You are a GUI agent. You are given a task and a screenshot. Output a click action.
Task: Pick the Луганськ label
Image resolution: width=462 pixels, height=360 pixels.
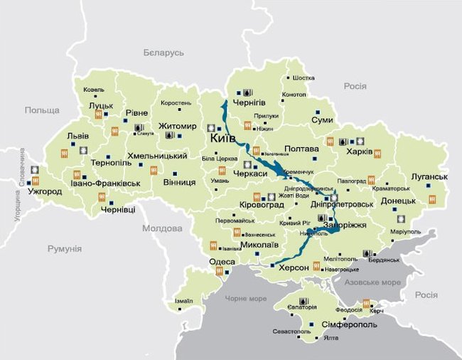tap(430, 176)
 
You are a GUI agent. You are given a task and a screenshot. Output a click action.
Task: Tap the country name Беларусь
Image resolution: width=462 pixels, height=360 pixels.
tap(163, 53)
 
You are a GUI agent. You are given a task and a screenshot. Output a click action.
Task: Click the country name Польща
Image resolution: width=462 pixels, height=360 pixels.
tap(43, 110)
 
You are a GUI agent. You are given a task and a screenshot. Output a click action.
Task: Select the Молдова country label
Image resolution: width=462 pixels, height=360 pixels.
tap(162, 228)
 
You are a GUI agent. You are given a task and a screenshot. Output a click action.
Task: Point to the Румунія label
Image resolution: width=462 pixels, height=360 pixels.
tap(65, 249)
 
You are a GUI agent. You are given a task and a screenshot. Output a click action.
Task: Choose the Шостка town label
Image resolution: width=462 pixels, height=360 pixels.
tap(303, 78)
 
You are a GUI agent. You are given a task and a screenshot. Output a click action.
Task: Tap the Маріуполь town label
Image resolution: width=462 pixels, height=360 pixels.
tap(405, 231)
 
